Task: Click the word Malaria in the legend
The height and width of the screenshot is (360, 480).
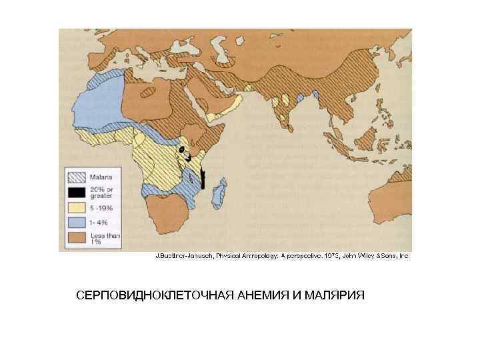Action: pyautogui.click(x=101, y=177)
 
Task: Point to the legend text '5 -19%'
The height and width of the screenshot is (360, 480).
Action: pyautogui.click(x=102, y=207)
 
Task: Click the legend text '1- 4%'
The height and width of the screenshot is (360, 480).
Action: pyautogui.click(x=100, y=221)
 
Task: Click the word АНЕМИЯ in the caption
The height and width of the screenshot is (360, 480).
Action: pyautogui.click(x=261, y=295)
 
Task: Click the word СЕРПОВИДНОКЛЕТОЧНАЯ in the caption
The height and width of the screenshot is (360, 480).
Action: pyautogui.click(x=154, y=295)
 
